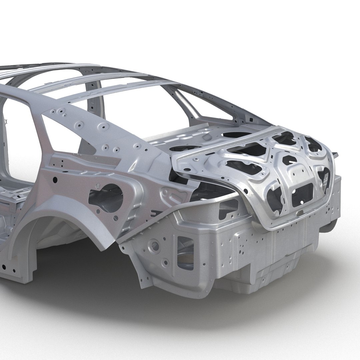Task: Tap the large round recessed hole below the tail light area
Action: pos(155,246)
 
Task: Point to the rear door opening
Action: pos(17,140)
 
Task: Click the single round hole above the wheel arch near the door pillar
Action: pos(55,180)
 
